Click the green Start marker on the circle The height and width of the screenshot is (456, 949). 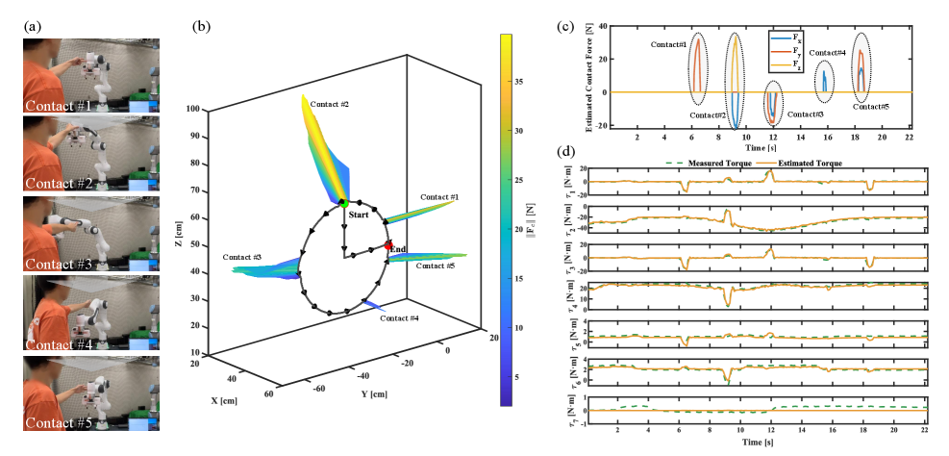(x=343, y=203)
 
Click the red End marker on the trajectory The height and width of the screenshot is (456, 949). (x=388, y=246)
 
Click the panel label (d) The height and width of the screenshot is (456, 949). (x=567, y=152)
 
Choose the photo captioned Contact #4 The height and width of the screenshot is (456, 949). (x=92, y=313)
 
